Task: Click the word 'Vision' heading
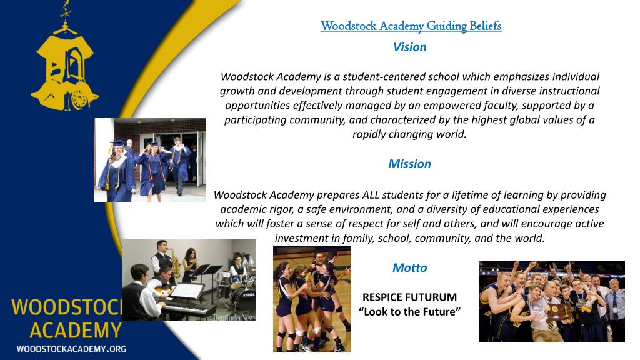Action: click(x=409, y=47)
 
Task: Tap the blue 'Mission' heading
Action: click(x=409, y=164)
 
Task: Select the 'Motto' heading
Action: click(x=409, y=267)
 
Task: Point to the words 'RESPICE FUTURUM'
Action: click(x=409, y=297)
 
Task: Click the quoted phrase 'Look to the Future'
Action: click(x=409, y=311)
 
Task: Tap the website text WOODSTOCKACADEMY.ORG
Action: click(x=71, y=348)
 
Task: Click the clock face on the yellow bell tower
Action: click(x=79, y=98)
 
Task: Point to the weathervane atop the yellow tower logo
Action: click(x=64, y=10)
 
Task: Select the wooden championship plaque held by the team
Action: click(x=556, y=313)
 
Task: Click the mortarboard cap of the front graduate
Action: click(x=117, y=141)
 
